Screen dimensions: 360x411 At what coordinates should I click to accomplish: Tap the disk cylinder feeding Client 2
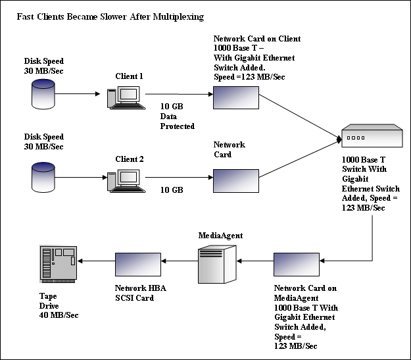pyautogui.click(x=43, y=177)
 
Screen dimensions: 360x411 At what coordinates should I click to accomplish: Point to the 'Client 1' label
pyautogui.click(x=129, y=76)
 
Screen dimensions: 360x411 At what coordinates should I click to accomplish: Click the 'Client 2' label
pyautogui.click(x=129, y=159)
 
